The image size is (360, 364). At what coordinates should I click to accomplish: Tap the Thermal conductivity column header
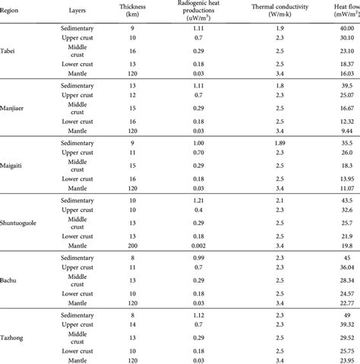(276, 8)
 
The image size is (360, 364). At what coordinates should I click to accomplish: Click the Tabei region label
(11, 51)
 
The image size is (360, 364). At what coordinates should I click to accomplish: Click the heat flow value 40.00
(349, 26)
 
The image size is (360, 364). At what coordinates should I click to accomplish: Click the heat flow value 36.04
(349, 267)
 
